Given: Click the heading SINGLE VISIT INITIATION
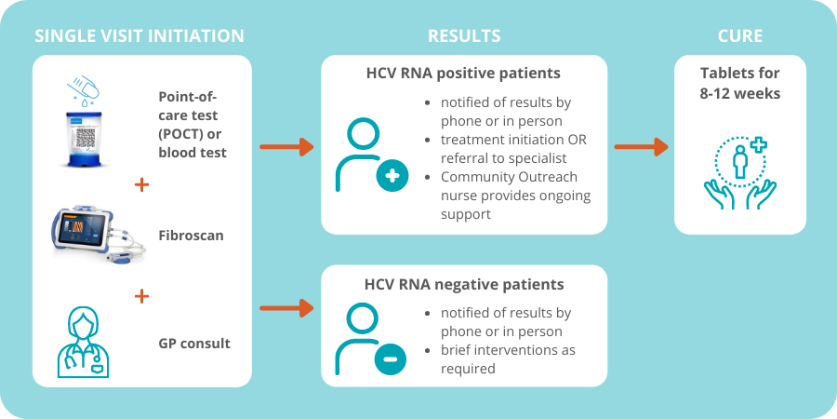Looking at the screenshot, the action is pyautogui.click(x=139, y=35).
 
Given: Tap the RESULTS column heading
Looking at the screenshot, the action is pyautogui.click(x=464, y=35).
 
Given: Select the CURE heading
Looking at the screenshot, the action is pyautogui.click(x=740, y=35).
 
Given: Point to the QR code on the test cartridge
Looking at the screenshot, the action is pyautogui.click(x=86, y=138).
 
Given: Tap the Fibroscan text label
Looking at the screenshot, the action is pyautogui.click(x=191, y=236).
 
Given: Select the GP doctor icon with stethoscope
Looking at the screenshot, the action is pyautogui.click(x=83, y=342).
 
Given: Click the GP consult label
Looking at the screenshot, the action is pyautogui.click(x=194, y=343).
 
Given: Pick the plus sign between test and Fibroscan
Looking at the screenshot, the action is pyautogui.click(x=141, y=185).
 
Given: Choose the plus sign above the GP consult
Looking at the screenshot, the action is pyautogui.click(x=141, y=296).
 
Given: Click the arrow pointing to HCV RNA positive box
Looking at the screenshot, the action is pyautogui.click(x=286, y=146).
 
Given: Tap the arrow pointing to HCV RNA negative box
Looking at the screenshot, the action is pyautogui.click(x=286, y=308).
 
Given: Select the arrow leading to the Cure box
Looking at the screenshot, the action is pyautogui.click(x=641, y=146).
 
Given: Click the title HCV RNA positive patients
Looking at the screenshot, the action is pyautogui.click(x=463, y=74).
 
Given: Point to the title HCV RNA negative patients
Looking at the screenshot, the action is pyautogui.click(x=464, y=284).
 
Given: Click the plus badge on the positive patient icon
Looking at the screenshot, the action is pyautogui.click(x=392, y=176).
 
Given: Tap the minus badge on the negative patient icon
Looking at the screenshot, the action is pyautogui.click(x=391, y=358).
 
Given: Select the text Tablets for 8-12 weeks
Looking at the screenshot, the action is pyautogui.click(x=740, y=84).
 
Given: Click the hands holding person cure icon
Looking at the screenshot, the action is pyautogui.click(x=740, y=172).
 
